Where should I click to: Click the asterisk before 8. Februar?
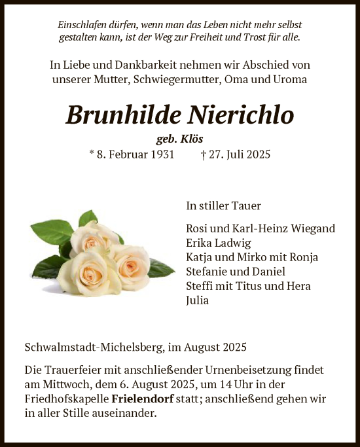click(x=92, y=154)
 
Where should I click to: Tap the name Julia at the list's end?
click(x=198, y=300)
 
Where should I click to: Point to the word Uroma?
click(x=289, y=80)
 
